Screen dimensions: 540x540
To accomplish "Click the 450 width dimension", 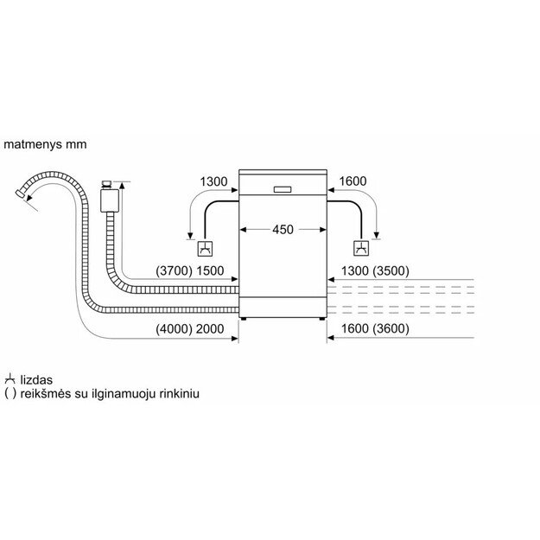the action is click(x=283, y=229).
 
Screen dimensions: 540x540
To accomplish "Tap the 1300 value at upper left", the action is click(x=213, y=181).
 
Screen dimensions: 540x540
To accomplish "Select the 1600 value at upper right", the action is click(x=353, y=181).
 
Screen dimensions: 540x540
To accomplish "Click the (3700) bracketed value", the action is click(x=174, y=271).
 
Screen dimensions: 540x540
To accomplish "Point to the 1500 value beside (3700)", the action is click(x=210, y=271).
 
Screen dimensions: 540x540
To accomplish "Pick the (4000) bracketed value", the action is click(x=174, y=329).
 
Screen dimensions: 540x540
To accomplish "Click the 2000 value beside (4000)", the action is click(x=210, y=329).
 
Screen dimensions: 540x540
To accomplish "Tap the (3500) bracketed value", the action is click(x=391, y=271).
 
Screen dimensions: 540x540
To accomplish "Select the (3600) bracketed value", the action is click(x=391, y=329).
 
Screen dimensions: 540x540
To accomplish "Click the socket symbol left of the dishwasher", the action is click(x=205, y=249).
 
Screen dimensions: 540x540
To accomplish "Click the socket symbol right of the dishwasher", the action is click(x=361, y=248).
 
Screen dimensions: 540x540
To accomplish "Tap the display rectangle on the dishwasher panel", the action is click(x=283, y=189).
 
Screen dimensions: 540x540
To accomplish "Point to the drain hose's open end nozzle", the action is click(x=20, y=194).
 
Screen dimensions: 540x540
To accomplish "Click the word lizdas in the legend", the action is click(x=36, y=380).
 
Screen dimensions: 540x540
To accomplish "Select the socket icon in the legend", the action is click(x=10, y=379).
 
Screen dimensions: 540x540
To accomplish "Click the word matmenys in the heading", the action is click(x=33, y=144).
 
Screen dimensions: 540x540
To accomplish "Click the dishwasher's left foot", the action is click(x=244, y=319).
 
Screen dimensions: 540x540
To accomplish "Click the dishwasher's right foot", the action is click(x=322, y=319).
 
